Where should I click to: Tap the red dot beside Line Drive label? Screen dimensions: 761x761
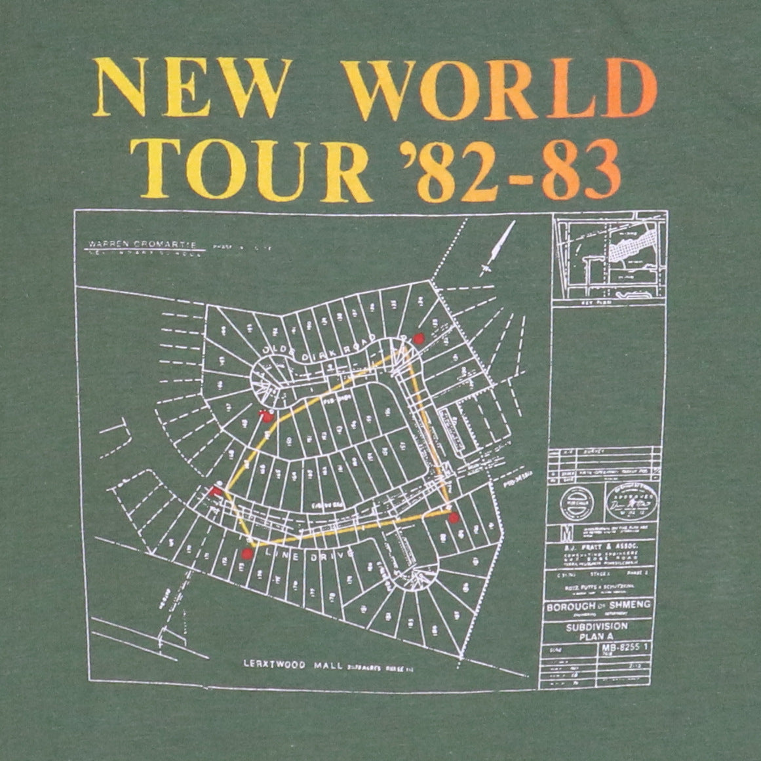(x=247, y=554)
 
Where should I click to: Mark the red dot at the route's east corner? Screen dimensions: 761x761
(x=453, y=518)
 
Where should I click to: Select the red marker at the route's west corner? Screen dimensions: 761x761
(x=214, y=491)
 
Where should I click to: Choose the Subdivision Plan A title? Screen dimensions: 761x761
(x=598, y=629)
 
